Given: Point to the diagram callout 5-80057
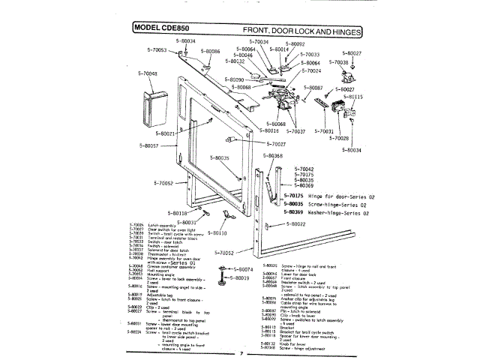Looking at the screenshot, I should tap(148, 145).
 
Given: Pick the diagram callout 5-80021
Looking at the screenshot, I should tap(164, 133).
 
